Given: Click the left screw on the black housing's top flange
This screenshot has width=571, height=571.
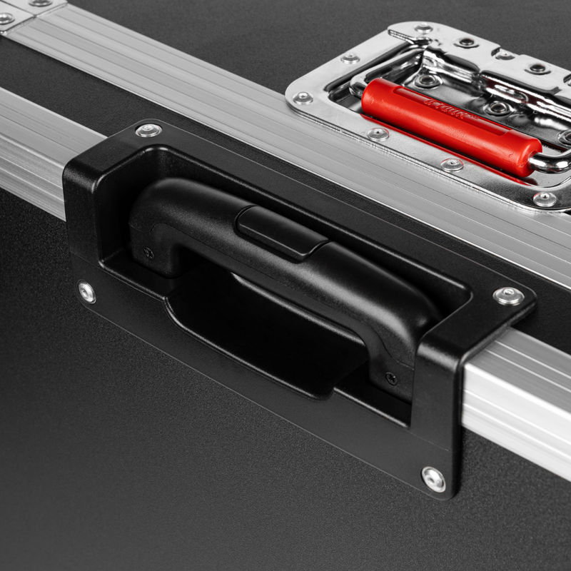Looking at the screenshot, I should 148,130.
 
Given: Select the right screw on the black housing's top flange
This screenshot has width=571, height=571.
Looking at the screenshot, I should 508,295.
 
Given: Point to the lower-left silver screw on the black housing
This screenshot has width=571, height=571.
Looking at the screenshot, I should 87,291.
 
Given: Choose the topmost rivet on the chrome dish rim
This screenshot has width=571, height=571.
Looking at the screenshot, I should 424,29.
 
